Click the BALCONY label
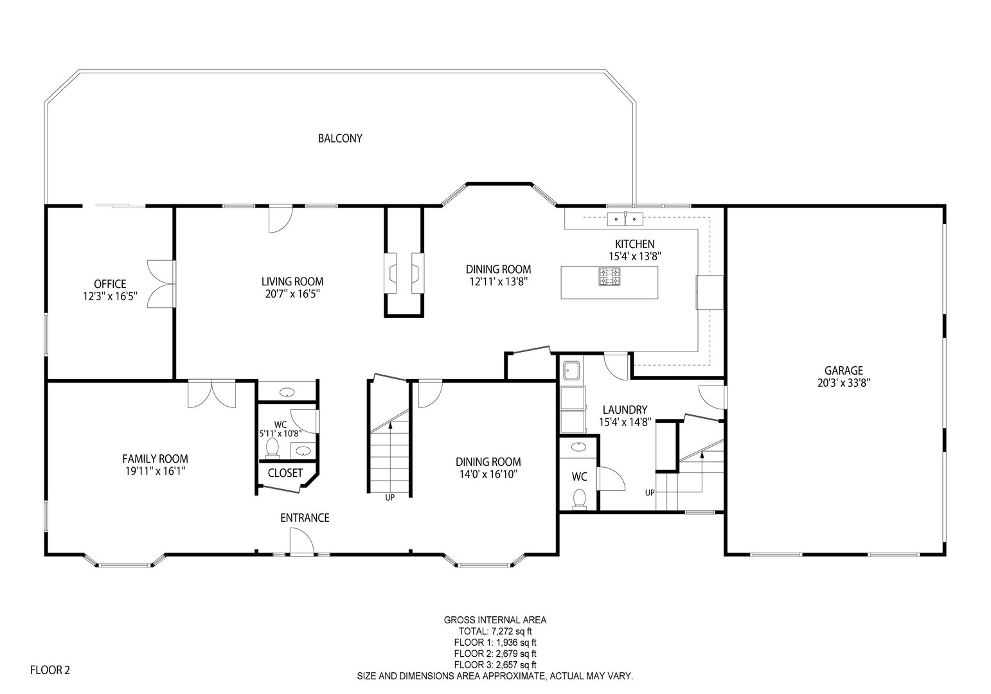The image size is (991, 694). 340,138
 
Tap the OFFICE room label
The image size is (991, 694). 110,284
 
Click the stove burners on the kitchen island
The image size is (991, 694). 610,278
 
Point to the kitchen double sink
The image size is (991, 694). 625,218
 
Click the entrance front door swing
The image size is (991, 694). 301,541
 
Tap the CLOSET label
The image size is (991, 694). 285,473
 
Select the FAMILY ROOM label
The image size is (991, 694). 155,458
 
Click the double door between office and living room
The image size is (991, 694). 161,283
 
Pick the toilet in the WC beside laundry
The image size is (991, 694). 580,499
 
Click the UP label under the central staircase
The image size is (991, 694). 389,497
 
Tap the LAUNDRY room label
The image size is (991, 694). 624,410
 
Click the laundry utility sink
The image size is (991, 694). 571,371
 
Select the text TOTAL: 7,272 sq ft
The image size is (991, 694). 495,631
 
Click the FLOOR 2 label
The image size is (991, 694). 50,670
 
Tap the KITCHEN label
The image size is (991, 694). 634,244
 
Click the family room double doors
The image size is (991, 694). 212,394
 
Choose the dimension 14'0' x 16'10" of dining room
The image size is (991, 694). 488,474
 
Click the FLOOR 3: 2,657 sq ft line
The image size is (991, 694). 495,664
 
